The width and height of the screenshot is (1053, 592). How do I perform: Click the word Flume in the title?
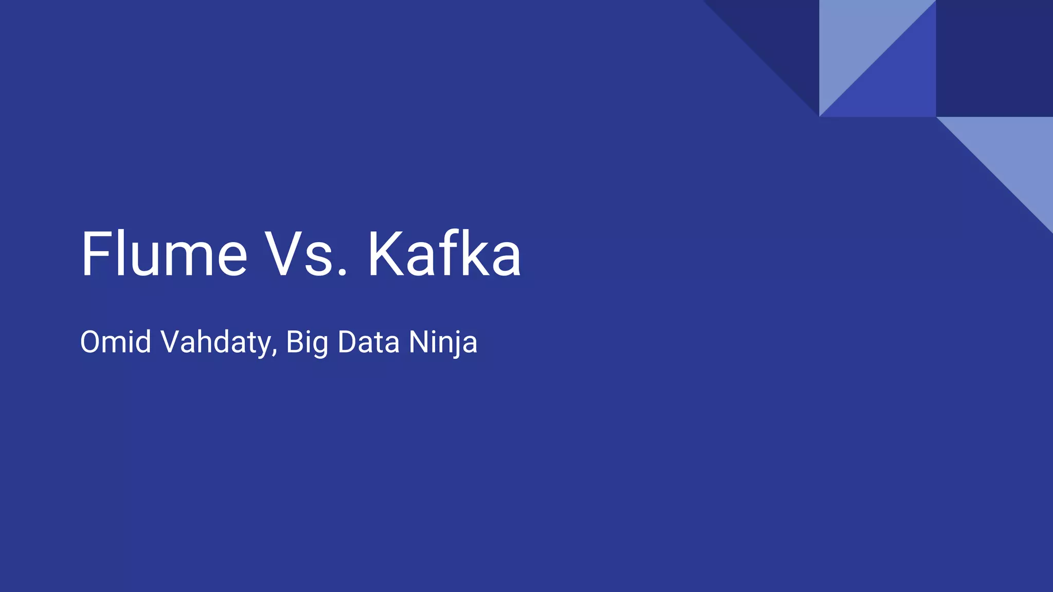click(x=164, y=254)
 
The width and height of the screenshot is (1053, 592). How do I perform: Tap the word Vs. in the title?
click(x=305, y=254)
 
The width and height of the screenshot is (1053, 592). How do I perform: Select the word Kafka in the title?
click(x=444, y=254)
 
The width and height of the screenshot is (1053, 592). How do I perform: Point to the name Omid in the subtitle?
click(x=116, y=342)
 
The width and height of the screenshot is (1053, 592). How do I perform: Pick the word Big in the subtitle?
click(x=307, y=343)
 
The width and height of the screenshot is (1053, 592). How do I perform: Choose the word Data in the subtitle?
click(x=369, y=342)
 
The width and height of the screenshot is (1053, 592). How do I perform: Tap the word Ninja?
click(x=443, y=343)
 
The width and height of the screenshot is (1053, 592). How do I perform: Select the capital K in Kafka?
click(x=385, y=254)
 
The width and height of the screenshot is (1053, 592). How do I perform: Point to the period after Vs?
click(x=342, y=273)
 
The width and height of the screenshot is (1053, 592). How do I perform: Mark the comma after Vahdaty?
click(x=275, y=354)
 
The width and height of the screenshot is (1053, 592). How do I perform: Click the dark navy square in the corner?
click(x=994, y=58)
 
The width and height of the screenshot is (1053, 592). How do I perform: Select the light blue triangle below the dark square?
click(x=1013, y=154)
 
